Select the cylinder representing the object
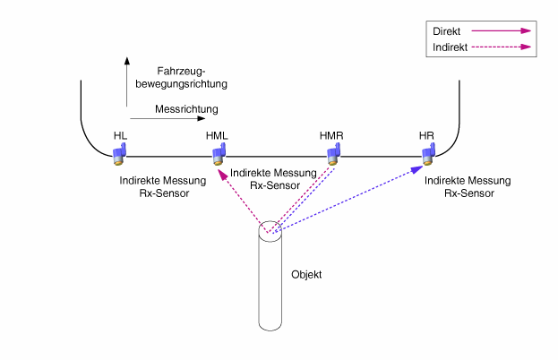click(x=270, y=278)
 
